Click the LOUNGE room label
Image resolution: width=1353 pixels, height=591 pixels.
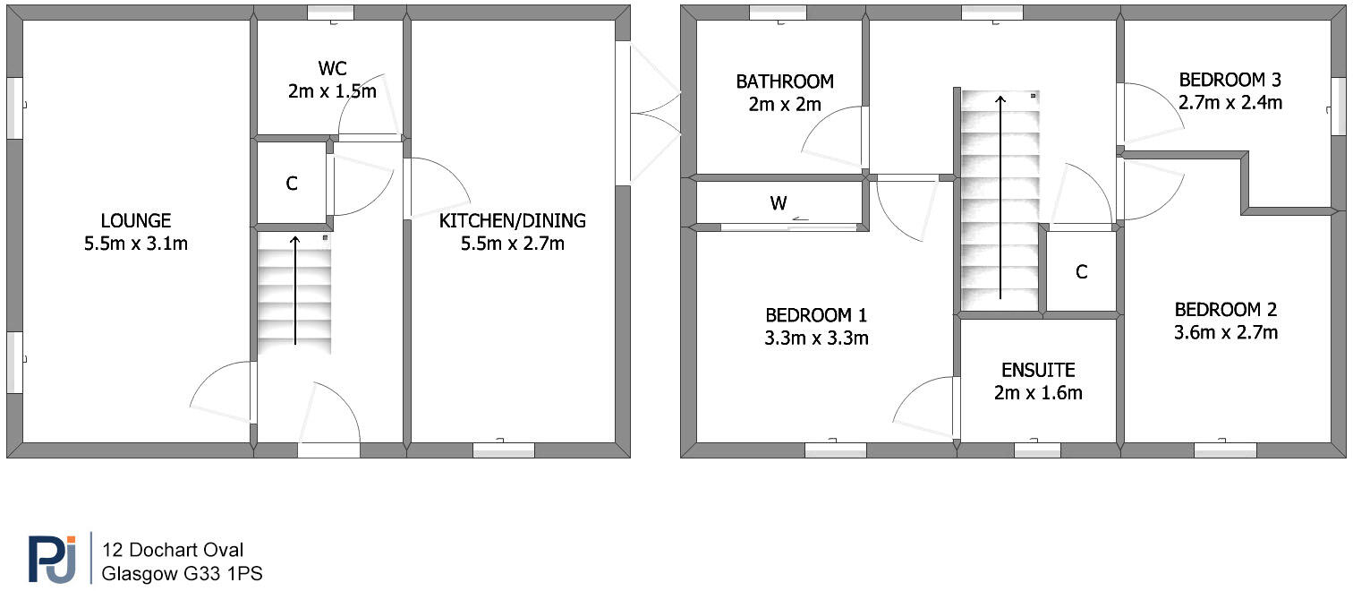point(135,220)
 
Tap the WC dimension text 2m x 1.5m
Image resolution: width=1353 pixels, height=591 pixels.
point(332,91)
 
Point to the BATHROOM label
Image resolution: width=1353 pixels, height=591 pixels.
point(785,81)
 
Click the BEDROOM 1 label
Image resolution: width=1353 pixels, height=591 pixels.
point(816,315)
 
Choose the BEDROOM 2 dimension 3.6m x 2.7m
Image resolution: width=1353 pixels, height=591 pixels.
point(1225,333)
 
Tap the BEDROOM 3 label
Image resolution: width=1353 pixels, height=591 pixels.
point(1229,79)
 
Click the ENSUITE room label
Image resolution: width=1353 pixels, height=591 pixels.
point(1037,370)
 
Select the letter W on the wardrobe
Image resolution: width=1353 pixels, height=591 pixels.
point(779,203)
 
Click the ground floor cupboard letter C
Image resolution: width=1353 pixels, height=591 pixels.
point(292,184)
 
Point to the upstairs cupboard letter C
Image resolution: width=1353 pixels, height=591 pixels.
point(1081,272)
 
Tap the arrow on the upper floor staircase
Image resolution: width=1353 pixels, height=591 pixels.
point(1000,197)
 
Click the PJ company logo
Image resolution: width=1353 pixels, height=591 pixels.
point(53,560)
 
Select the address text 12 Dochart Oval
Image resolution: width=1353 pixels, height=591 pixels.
point(173,550)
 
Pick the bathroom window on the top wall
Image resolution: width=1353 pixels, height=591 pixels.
point(777,13)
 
